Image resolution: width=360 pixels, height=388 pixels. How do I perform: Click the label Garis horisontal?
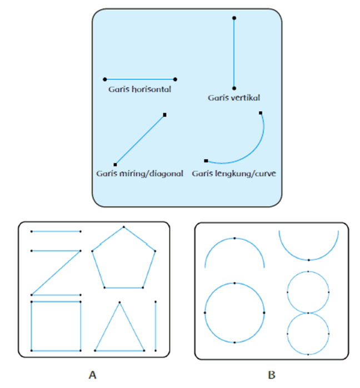139,89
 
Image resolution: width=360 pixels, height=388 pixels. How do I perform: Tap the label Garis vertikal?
234,98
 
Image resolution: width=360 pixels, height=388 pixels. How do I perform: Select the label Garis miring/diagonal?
139,173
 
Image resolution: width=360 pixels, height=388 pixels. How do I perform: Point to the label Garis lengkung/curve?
234,173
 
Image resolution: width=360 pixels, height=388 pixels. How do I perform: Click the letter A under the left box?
92,375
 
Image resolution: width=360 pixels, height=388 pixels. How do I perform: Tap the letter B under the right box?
272,375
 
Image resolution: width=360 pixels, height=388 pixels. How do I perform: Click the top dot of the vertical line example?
234,18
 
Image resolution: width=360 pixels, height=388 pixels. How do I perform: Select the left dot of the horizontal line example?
105,79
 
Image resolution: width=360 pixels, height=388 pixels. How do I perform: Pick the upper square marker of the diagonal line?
165,115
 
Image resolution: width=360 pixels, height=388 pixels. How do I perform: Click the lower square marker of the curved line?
206,161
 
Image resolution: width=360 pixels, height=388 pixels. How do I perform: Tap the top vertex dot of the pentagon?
124,227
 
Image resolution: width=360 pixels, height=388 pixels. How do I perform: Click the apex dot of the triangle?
119,303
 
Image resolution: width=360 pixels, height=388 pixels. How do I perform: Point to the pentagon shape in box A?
124,258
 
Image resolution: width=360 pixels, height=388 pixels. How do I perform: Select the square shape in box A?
56,326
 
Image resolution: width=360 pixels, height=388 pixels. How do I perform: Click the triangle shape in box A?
119,326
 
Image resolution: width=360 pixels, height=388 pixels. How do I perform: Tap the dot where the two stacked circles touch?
308,313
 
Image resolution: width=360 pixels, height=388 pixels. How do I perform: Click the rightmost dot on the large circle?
264,313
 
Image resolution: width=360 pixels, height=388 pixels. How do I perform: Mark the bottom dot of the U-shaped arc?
309,260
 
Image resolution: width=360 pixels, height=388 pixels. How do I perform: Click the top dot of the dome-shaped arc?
234,238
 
